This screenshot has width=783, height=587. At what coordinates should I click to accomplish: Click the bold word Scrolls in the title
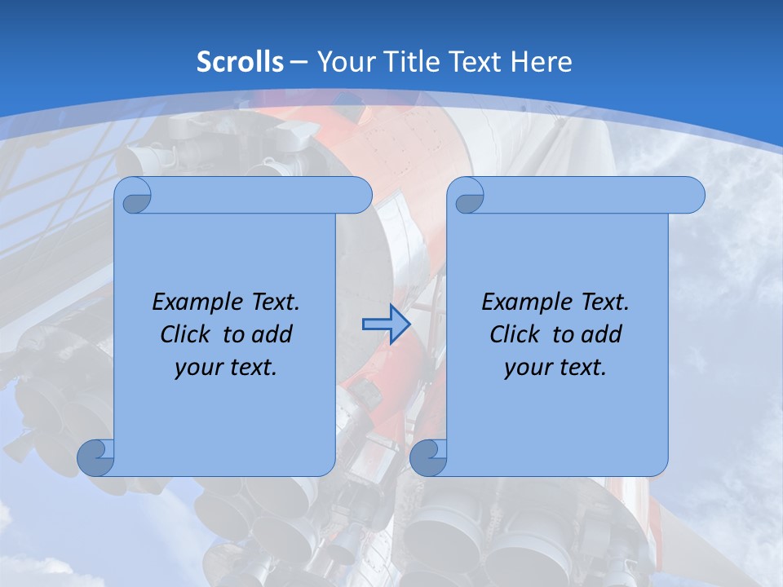(240, 62)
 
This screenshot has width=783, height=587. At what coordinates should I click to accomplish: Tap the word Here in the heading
(541, 62)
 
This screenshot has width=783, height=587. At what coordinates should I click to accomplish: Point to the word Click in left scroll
(185, 334)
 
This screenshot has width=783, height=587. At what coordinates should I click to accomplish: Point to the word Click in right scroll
(515, 334)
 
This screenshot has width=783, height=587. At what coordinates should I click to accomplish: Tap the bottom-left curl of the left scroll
(95, 457)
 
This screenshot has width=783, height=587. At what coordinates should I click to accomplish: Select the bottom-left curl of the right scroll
(428, 457)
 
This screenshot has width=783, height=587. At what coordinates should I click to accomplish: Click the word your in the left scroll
(197, 368)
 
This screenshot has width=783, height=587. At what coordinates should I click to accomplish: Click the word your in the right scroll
(527, 368)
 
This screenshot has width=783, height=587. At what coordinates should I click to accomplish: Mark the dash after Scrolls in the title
(299, 62)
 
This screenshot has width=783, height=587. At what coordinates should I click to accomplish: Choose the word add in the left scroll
(273, 334)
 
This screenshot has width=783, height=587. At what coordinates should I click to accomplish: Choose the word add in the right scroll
(603, 334)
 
